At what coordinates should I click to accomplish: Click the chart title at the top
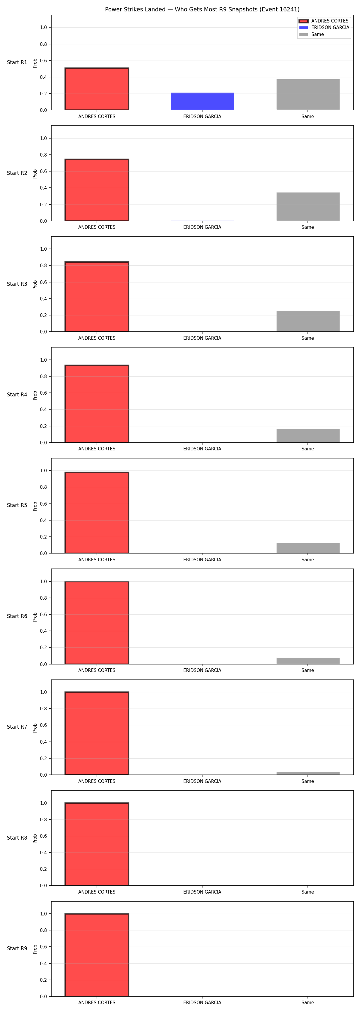coord(202,9)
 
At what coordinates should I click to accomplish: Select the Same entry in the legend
coord(311,34)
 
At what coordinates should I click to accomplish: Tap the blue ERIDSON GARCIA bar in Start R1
coord(202,101)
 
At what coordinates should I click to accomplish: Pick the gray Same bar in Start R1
coord(308,95)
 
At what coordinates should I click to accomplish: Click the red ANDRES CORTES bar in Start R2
coord(97,190)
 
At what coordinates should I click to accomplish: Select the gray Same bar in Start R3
coord(308,321)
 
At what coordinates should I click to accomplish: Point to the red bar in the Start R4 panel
coord(97,404)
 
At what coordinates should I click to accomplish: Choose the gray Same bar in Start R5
coord(308,548)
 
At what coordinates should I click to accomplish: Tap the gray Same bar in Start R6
coord(308,661)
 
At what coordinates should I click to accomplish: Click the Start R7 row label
coord(17,727)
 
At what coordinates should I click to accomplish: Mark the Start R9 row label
coord(17,948)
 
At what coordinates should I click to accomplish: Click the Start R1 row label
coord(17,62)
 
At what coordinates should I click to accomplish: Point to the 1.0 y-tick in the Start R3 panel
coord(43,249)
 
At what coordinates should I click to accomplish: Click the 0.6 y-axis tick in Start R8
coord(43,836)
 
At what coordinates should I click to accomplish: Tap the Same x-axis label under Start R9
coord(308,1003)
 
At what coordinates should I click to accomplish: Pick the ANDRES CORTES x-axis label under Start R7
coord(97,781)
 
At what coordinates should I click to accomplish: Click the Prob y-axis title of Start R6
coord(35,617)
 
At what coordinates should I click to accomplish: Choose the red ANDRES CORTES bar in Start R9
coord(97,955)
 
